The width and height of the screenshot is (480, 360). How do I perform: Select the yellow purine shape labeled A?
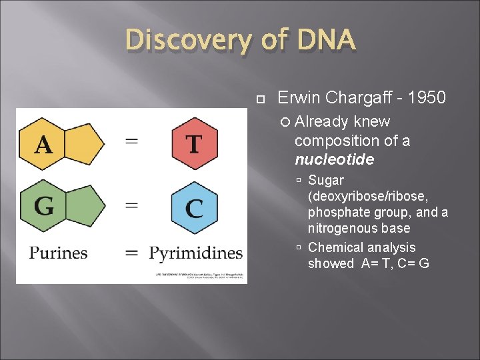[60, 143]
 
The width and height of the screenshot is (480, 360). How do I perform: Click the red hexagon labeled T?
[194, 143]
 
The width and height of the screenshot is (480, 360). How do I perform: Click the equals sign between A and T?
[132, 142]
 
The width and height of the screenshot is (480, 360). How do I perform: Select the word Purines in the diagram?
[59, 253]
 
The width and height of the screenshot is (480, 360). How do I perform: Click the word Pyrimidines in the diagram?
[195, 253]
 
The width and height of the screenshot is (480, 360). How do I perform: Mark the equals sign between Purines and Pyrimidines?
[132, 253]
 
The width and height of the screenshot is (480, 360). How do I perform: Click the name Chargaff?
[353, 98]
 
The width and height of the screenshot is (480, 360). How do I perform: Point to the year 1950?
[427, 98]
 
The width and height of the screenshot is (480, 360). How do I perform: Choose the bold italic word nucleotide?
[334, 160]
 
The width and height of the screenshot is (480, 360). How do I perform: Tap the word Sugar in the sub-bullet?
[326, 180]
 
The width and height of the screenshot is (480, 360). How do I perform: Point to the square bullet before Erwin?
[261, 99]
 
